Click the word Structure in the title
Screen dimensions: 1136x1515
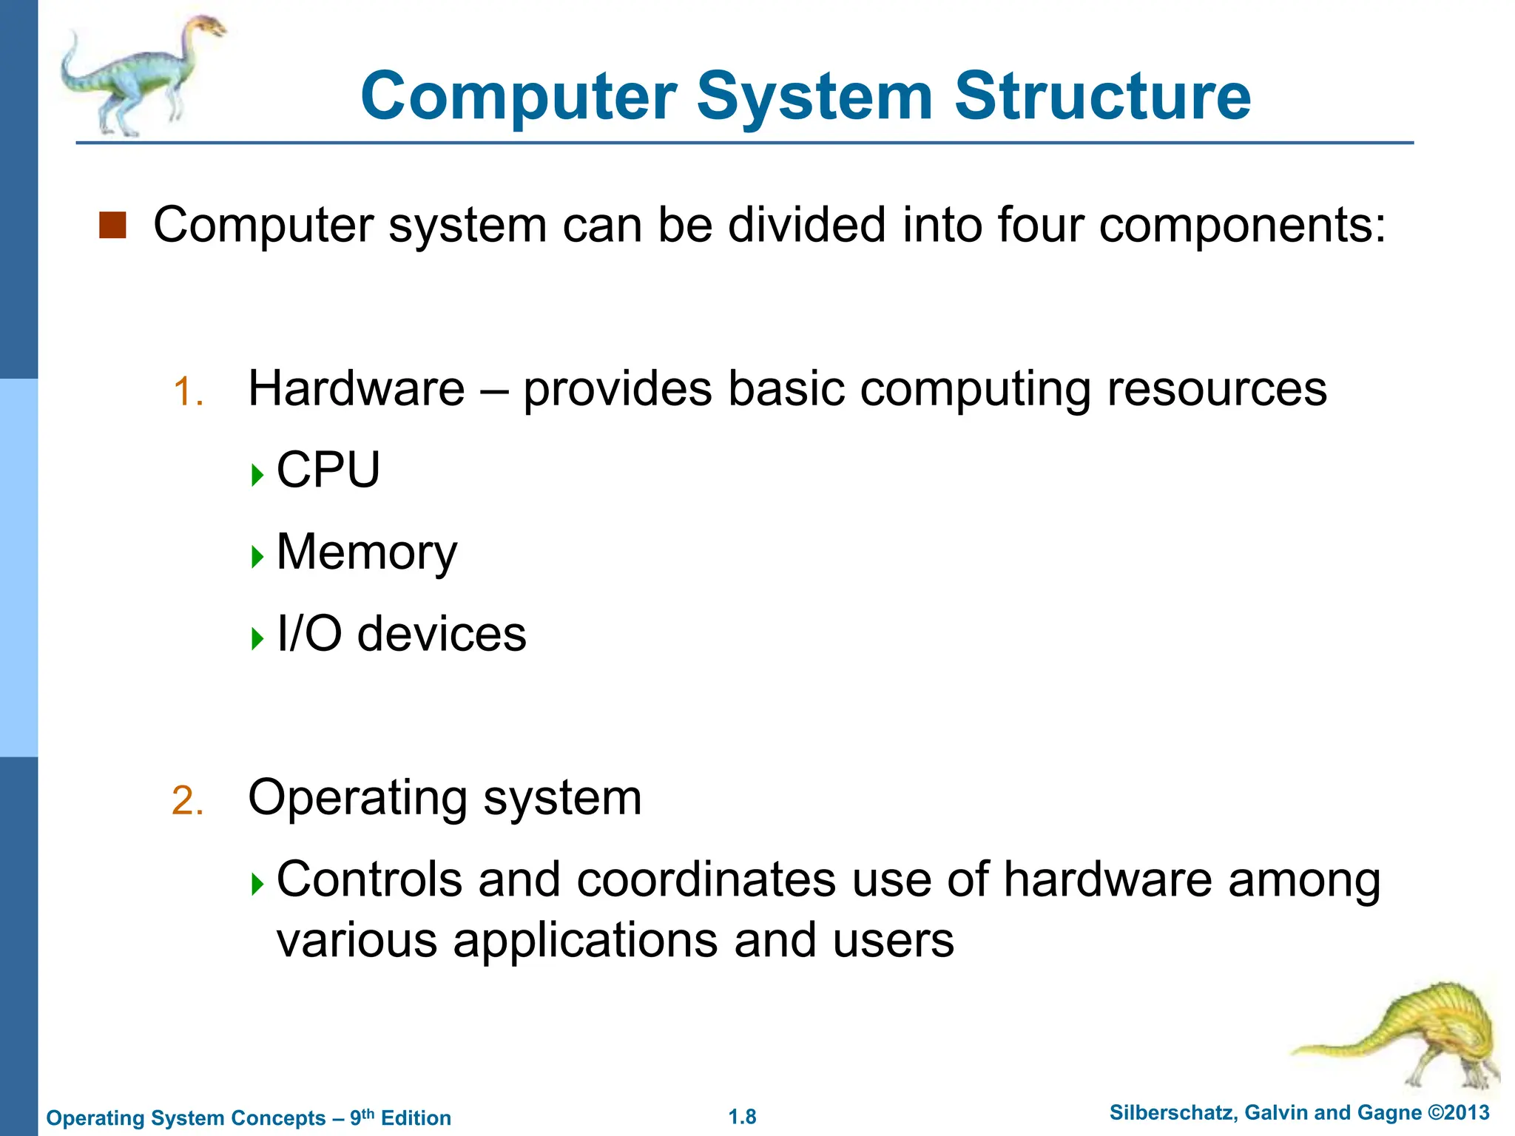(x=1102, y=96)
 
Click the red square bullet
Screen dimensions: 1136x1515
(x=112, y=225)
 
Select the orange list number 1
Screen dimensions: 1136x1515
(x=187, y=392)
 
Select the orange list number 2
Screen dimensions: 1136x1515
(x=187, y=801)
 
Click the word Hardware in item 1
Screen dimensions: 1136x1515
(x=357, y=388)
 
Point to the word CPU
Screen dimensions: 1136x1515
(x=328, y=470)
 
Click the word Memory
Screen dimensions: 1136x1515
(x=367, y=553)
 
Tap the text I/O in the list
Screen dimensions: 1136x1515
(x=309, y=634)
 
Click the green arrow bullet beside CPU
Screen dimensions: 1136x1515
(x=257, y=474)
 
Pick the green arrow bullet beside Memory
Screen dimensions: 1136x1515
(x=257, y=556)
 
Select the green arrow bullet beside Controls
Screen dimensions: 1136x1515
(x=257, y=883)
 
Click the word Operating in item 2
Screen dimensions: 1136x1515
(x=358, y=799)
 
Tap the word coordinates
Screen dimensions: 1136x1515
(x=706, y=880)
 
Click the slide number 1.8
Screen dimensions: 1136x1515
(x=743, y=1117)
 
